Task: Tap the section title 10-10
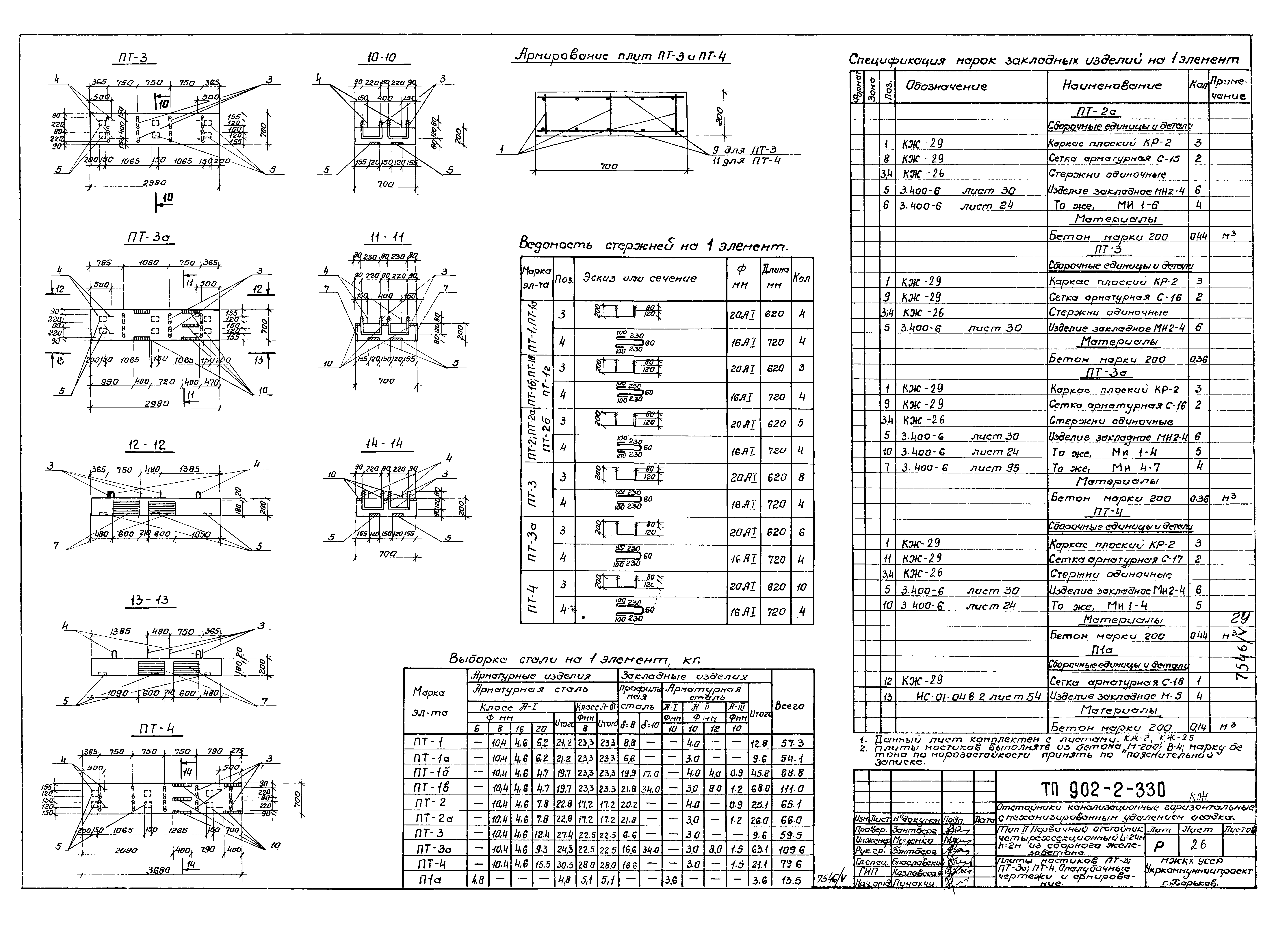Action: point(381,59)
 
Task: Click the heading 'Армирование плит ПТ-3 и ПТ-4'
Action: point(622,57)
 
